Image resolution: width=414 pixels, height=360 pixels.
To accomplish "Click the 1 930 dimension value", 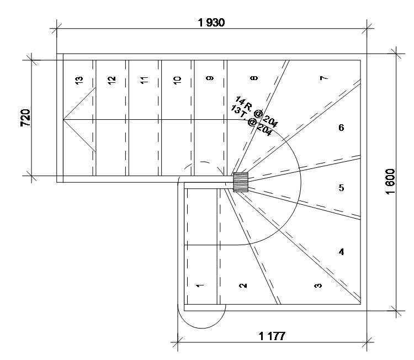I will tap(213, 23).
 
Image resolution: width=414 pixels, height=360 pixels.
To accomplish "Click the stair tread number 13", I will tap(79, 80).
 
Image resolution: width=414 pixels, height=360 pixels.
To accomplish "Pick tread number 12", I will tap(112, 80).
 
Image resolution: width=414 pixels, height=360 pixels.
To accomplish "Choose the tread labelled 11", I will tap(145, 80).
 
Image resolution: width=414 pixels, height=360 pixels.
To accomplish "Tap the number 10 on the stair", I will tap(177, 80).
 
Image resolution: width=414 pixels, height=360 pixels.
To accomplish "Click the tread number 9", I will tap(210, 79).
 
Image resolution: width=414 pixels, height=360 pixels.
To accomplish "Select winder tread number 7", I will tap(323, 78).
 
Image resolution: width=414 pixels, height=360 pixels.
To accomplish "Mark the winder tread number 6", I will tap(341, 128).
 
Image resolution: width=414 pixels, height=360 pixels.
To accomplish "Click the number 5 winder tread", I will tap(341, 188).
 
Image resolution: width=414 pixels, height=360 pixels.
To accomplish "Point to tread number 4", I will tap(341, 252).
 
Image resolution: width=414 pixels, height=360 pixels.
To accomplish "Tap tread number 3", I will tap(317, 285).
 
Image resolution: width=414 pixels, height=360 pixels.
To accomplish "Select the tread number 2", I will tap(243, 285).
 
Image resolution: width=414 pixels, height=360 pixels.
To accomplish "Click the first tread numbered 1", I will tap(200, 285).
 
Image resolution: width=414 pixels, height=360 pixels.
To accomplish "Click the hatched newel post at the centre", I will tap(241, 182).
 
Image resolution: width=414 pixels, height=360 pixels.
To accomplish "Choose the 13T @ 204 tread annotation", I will tap(252, 119).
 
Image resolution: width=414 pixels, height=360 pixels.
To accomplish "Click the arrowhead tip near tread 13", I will tap(64, 119).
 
